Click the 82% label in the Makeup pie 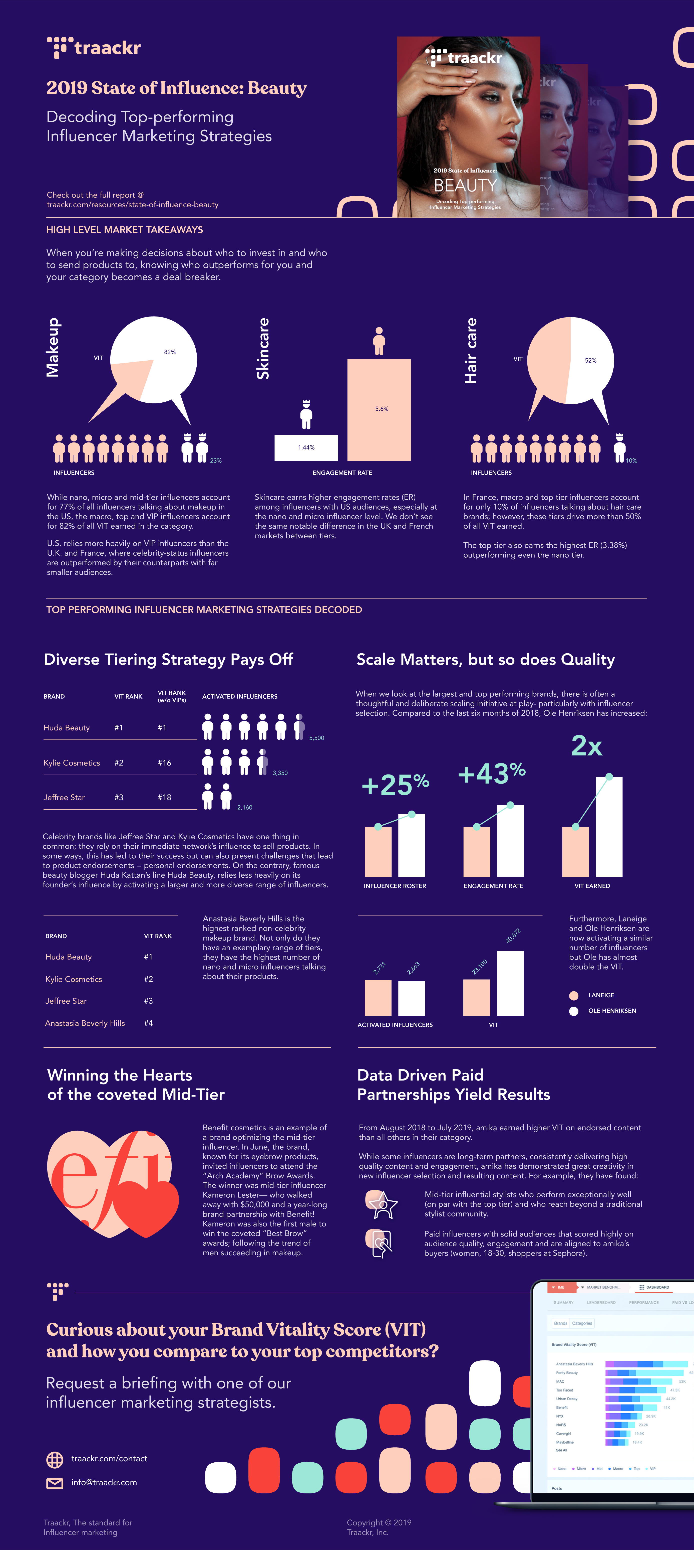pos(170,352)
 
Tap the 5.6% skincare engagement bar pos(379,409)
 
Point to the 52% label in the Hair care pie pos(591,360)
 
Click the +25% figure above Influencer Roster pos(395,785)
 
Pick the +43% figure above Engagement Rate pos(491,773)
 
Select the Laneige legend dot pos(574,995)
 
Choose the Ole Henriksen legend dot pos(574,1011)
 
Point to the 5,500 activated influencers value pos(316,738)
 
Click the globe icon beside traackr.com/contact pos(55,1459)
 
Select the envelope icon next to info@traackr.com pos(55,1483)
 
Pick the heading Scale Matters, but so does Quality pos(485,660)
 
